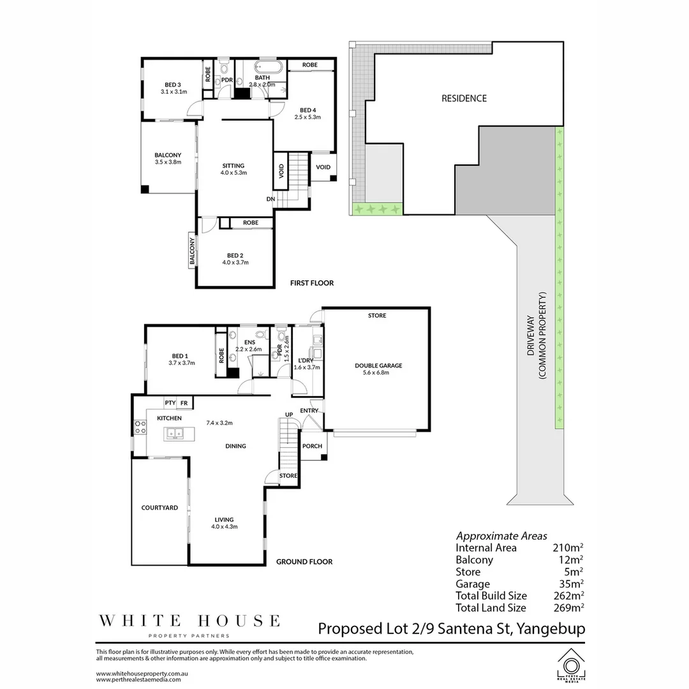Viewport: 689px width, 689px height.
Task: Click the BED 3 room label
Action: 173,85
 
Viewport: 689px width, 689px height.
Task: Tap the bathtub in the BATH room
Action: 264,66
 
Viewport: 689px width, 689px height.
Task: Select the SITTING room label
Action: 233,166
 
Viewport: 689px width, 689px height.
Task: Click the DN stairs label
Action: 271,198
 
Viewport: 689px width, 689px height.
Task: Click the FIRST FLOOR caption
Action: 311,283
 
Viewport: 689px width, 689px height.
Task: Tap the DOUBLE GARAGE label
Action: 378,366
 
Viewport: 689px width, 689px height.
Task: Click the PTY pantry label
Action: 170,403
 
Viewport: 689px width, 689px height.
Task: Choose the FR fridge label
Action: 184,403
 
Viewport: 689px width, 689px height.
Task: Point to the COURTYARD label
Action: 159,508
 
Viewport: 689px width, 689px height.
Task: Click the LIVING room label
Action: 224,519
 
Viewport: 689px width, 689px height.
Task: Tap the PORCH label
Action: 312,446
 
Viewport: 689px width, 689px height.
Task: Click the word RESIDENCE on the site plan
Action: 464,98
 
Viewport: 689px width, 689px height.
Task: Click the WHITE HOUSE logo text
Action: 188,620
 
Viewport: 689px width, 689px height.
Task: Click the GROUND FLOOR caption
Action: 304,562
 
